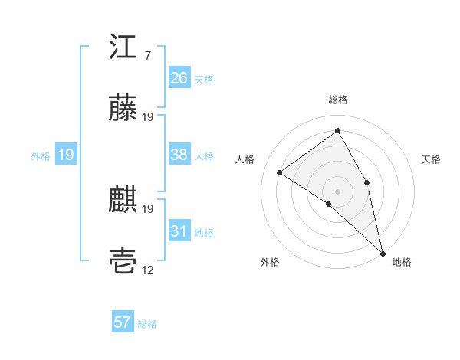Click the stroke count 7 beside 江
click(x=147, y=56)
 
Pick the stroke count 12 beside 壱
click(x=148, y=270)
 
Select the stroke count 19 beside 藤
click(x=148, y=117)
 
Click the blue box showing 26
click(x=179, y=77)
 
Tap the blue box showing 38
click(x=179, y=155)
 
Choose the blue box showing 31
click(x=179, y=231)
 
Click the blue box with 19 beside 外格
click(x=66, y=155)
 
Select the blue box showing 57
click(x=123, y=322)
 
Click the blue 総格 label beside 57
click(x=147, y=324)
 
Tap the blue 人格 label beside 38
click(x=204, y=156)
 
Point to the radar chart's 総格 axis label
click(x=338, y=100)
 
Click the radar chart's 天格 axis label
click(x=431, y=159)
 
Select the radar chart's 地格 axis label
click(x=402, y=262)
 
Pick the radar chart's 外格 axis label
click(x=270, y=262)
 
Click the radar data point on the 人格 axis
click(x=280, y=172)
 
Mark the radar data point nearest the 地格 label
click(x=382, y=252)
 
